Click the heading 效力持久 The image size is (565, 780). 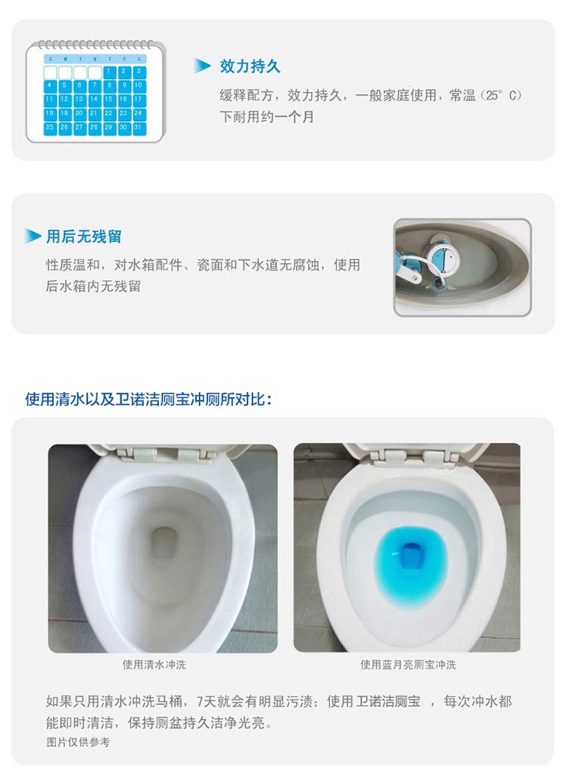pyautogui.click(x=250, y=66)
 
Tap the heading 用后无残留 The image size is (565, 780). pyautogui.click(x=84, y=237)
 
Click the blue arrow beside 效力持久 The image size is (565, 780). pyautogui.click(x=202, y=65)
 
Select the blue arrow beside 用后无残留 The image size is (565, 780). pyautogui.click(x=33, y=236)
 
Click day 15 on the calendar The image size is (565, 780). pyautogui.click(x=109, y=99)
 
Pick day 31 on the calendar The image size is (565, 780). pyautogui.click(x=139, y=128)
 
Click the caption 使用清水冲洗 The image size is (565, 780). pyautogui.click(x=154, y=665)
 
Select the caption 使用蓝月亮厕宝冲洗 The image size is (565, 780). pyautogui.click(x=408, y=665)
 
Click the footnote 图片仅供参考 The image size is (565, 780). pyautogui.click(x=78, y=742)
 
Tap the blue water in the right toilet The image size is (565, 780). pyautogui.click(x=411, y=565)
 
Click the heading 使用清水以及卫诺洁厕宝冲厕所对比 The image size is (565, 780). pyautogui.click(x=148, y=399)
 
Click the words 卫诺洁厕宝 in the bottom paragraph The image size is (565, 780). pyautogui.click(x=388, y=702)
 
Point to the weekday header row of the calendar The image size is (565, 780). pyautogui.click(x=95, y=59)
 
